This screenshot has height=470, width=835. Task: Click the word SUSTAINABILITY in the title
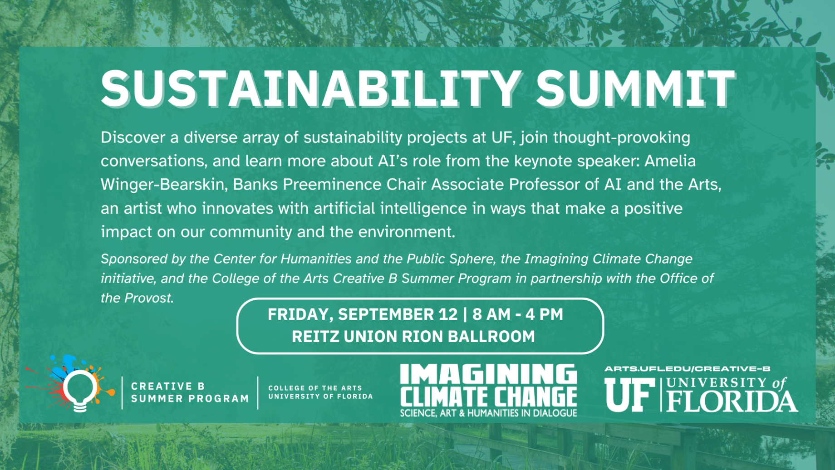pos(311,88)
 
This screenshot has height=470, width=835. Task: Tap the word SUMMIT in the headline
pos(635,88)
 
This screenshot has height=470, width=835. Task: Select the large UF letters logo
pos(629,395)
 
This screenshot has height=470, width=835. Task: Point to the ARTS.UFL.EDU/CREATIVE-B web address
pos(687,369)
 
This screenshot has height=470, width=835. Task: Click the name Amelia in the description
pos(670,161)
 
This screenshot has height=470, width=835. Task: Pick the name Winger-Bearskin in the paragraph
pos(163,185)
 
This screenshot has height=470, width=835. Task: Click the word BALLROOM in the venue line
pos(491,337)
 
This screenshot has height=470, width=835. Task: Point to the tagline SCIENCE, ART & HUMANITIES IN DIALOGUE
pos(488,413)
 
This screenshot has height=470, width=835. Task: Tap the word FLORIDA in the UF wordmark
pos(732,401)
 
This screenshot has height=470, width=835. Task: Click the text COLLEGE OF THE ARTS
pos(315,388)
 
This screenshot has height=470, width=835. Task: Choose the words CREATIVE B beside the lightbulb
pos(168,386)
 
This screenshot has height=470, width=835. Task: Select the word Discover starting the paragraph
pos(133,137)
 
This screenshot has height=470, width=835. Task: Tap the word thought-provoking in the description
pos(622,138)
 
